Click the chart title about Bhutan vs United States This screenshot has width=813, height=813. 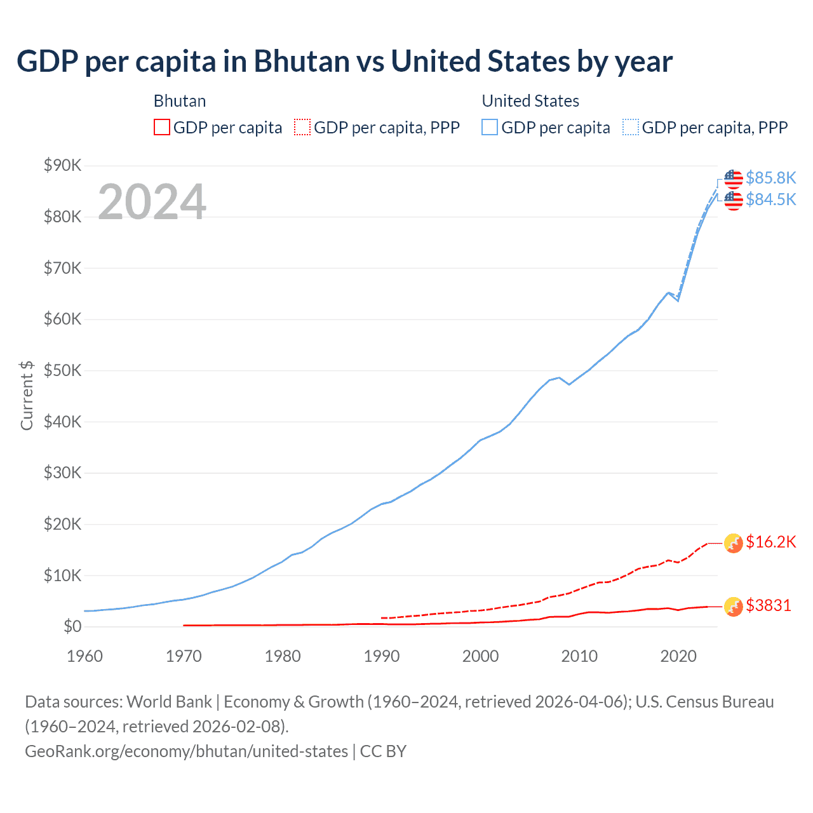(x=344, y=62)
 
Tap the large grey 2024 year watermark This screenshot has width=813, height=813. (x=152, y=202)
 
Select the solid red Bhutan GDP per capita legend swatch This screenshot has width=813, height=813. (x=162, y=128)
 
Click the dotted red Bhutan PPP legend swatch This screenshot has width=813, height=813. (x=302, y=128)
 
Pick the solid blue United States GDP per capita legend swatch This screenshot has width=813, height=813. (x=490, y=128)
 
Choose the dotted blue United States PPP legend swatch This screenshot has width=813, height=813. (x=630, y=128)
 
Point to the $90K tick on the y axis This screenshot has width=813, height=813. (x=62, y=166)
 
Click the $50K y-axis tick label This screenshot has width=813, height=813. (x=62, y=370)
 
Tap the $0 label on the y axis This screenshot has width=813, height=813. (x=72, y=627)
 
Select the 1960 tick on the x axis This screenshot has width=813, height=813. (x=84, y=656)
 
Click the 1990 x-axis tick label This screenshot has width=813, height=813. (x=382, y=656)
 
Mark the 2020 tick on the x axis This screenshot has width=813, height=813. (x=678, y=656)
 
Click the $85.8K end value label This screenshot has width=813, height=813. (x=770, y=178)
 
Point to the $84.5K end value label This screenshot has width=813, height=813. (x=770, y=199)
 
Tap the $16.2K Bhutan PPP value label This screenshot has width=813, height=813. (x=770, y=542)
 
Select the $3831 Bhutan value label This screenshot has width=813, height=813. (x=769, y=605)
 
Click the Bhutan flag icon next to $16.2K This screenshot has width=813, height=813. (x=734, y=543)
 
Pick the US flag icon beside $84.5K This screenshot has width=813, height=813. (x=734, y=201)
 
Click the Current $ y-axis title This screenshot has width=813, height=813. (x=27, y=396)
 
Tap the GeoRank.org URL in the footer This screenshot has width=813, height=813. (x=186, y=751)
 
